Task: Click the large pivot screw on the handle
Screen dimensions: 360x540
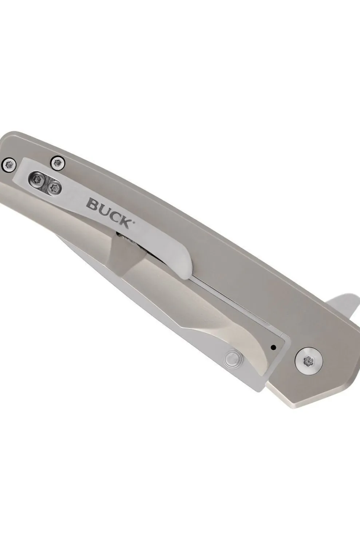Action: pyautogui.click(x=309, y=361)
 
